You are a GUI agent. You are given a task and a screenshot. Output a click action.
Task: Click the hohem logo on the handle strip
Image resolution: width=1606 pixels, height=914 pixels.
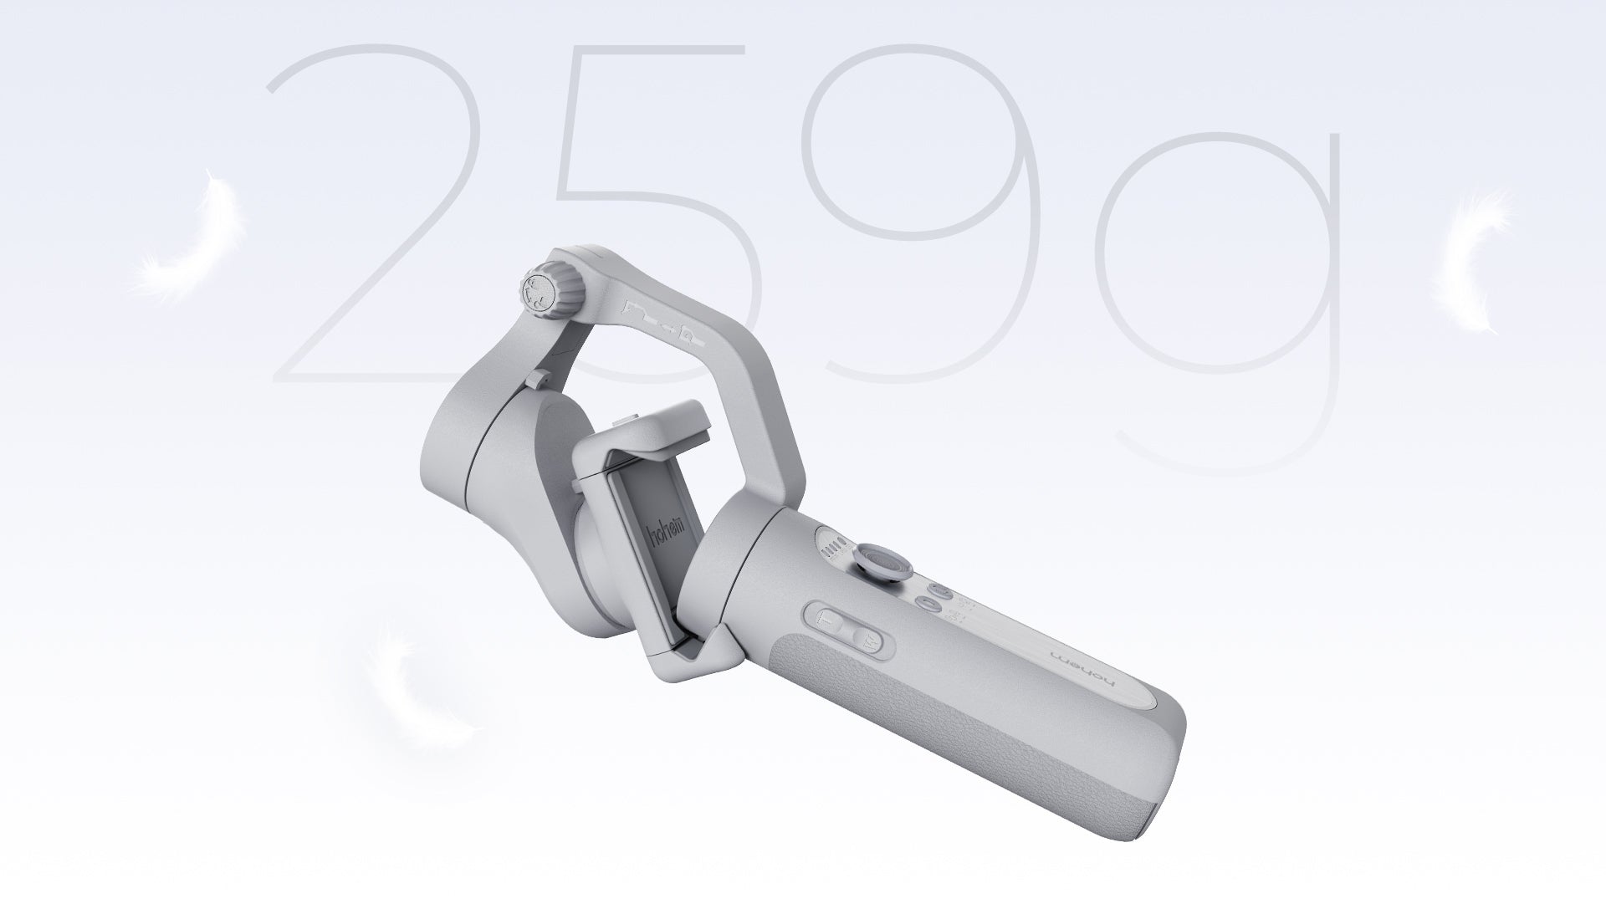pyautogui.click(x=1084, y=666)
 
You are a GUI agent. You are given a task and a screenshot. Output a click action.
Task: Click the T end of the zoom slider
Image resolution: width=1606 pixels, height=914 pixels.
pyautogui.click(x=866, y=642)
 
